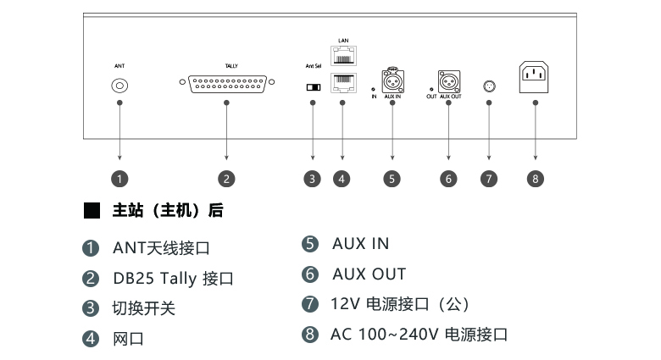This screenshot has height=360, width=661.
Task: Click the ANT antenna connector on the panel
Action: [119, 86]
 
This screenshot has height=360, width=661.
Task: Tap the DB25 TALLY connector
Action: [226, 86]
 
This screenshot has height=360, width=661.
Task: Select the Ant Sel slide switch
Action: [314, 86]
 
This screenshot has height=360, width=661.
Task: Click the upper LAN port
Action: [342, 57]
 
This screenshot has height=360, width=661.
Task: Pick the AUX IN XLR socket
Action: [392, 82]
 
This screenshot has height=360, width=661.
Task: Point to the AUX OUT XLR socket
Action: [449, 82]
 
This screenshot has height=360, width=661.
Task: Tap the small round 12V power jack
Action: [489, 86]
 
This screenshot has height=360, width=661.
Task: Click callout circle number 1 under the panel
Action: [120, 179]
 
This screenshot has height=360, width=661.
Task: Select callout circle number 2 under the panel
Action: [226, 179]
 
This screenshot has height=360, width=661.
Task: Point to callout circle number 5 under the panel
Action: [392, 179]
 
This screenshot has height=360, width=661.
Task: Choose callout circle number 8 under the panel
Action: [535, 179]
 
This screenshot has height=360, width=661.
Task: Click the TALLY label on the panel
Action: [231, 65]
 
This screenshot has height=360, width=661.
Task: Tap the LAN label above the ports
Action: [342, 40]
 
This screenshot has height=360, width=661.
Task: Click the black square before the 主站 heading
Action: [92, 210]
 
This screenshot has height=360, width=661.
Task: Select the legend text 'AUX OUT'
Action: [369, 274]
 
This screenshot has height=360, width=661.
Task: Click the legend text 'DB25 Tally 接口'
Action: [173, 279]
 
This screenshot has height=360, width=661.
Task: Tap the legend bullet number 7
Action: [310, 303]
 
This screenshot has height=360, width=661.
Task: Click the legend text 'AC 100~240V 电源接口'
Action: [419, 334]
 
